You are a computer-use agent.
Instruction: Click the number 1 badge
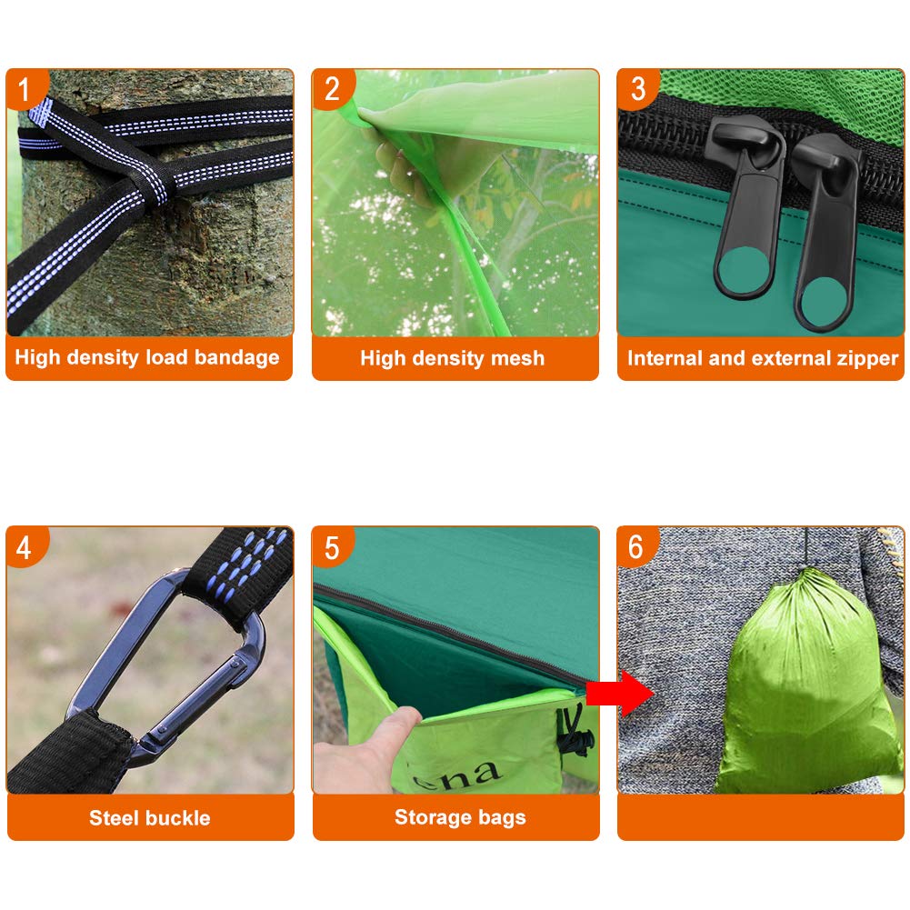(25, 88)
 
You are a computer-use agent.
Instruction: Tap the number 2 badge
(332, 88)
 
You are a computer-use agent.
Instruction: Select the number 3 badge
(637, 88)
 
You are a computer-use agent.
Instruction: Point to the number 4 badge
(25, 546)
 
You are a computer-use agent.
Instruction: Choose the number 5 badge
(332, 546)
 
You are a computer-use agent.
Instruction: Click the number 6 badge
(637, 546)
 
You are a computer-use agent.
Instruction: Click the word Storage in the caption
(431, 817)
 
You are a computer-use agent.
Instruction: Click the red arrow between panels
(620, 694)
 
